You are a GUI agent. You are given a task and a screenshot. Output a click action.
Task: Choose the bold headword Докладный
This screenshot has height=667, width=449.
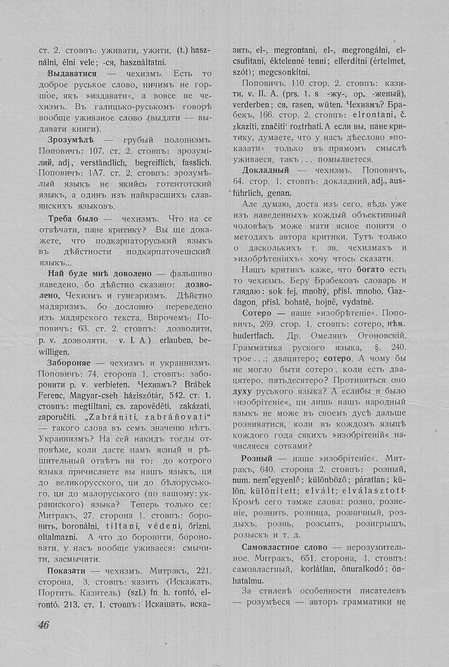click(265, 171)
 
